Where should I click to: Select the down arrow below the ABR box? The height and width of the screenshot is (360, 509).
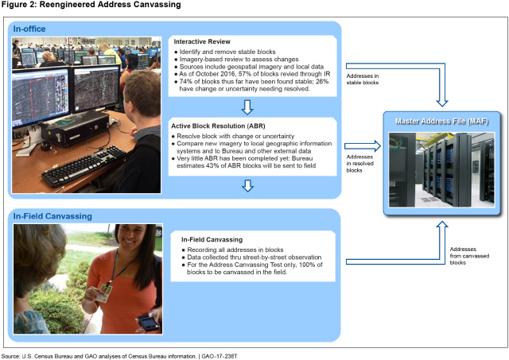(x=250, y=186)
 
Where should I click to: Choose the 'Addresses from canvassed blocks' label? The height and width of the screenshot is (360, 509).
(x=466, y=256)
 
